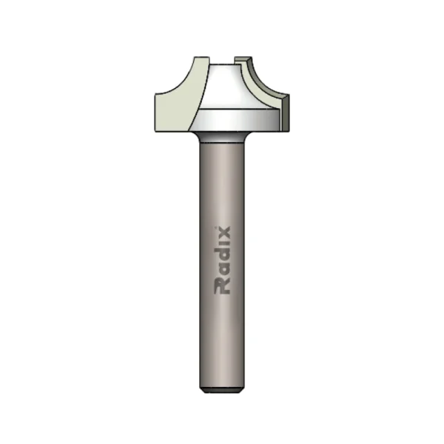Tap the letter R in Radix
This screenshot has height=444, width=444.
(x=223, y=286)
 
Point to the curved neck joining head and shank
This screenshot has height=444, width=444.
(x=223, y=138)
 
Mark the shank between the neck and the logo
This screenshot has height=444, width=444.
(x=223, y=185)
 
